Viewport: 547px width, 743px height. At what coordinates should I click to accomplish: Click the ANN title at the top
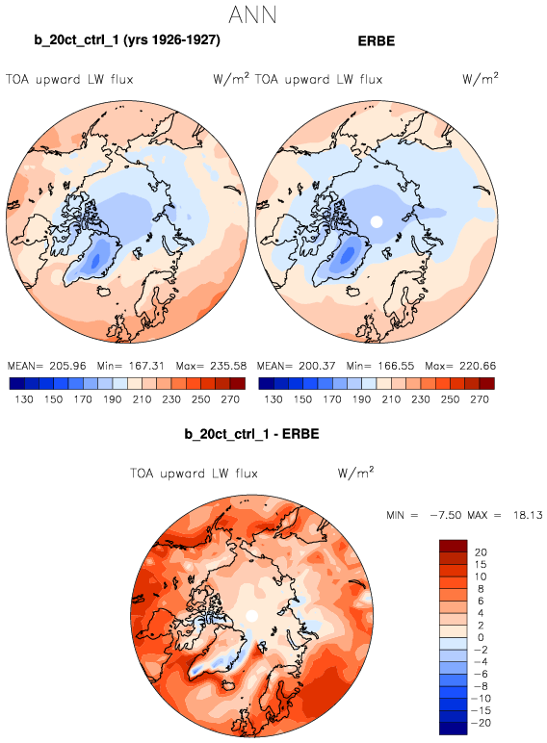click(252, 14)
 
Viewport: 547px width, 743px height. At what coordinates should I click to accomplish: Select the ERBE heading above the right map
click(377, 40)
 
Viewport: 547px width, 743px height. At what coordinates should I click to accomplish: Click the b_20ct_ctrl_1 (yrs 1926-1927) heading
click(127, 39)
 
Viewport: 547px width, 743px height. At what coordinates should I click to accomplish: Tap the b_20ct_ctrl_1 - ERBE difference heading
click(251, 433)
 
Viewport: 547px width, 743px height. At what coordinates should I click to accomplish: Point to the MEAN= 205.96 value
click(47, 366)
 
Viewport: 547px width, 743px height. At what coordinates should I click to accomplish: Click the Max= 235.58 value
click(211, 366)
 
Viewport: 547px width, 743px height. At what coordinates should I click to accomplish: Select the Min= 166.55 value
click(380, 366)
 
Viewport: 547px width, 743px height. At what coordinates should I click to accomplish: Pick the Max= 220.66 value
click(460, 366)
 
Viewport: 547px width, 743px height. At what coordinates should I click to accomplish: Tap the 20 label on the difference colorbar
click(481, 552)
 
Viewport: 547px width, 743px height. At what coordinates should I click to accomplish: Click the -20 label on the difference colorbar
click(481, 723)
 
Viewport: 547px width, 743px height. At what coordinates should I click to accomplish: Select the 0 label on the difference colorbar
click(481, 637)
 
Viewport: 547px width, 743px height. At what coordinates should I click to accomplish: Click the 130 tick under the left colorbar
click(24, 399)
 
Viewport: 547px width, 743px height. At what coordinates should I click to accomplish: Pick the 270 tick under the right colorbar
click(480, 399)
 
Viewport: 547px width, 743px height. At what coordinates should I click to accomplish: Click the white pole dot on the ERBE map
click(377, 221)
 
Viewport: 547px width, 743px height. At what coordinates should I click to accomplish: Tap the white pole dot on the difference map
click(251, 616)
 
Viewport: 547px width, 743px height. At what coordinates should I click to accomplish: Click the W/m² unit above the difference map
click(355, 473)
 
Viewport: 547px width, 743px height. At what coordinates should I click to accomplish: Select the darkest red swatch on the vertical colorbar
click(454, 546)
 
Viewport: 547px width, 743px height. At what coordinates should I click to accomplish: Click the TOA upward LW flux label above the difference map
click(194, 474)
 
